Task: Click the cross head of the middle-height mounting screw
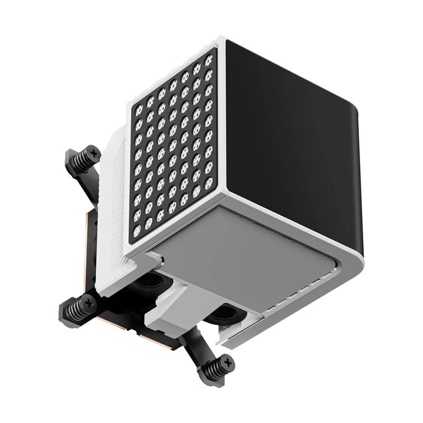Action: click(x=89, y=303)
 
